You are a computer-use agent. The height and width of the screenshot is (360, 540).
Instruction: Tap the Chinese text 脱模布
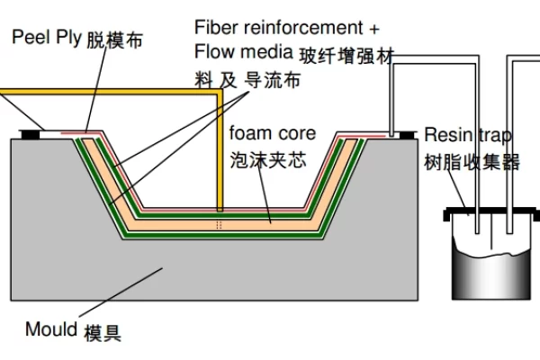115,40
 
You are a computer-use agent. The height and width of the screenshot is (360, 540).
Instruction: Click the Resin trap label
468,135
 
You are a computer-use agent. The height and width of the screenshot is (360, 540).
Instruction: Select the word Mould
51,328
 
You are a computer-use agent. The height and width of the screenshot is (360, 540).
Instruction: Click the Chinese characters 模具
103,333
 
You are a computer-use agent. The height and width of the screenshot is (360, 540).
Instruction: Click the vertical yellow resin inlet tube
220,153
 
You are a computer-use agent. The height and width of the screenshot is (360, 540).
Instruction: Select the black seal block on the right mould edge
407,135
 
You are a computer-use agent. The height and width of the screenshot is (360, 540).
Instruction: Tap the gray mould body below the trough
225,270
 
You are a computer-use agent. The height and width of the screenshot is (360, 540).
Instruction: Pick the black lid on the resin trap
491,216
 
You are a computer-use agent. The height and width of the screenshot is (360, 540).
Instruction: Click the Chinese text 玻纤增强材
346,55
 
